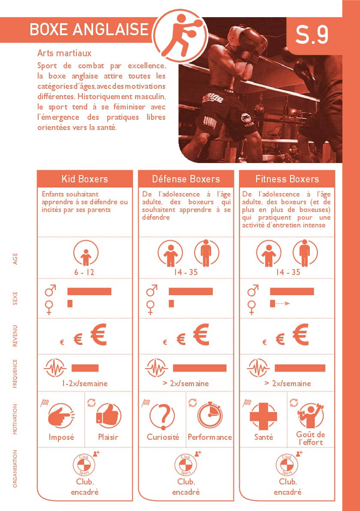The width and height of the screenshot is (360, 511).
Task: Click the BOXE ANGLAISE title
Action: [x=89, y=29]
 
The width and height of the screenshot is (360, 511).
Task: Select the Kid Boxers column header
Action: [x=85, y=179]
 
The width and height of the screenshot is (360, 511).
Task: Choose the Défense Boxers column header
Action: [x=186, y=179]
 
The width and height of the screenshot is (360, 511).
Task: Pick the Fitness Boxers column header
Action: [x=287, y=179]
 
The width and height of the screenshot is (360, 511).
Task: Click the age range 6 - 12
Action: [x=85, y=272]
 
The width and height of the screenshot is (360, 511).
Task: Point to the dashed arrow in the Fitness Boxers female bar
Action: [x=282, y=304]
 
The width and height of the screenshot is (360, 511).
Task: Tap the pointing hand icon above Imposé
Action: [x=61, y=416]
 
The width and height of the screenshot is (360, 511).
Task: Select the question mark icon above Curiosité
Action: [x=162, y=416]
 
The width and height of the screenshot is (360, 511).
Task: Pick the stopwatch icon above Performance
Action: [x=210, y=415]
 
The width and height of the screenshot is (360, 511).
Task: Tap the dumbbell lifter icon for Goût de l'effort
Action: [x=311, y=415]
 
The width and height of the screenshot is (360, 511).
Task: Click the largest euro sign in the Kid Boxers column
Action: [x=99, y=334]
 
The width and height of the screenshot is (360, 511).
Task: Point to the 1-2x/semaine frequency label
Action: [x=85, y=383]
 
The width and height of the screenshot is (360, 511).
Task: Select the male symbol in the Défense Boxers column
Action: [x=151, y=290]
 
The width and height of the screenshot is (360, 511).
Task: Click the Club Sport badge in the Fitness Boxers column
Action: [x=287, y=464]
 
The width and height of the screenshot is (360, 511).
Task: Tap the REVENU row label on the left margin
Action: [x=15, y=336]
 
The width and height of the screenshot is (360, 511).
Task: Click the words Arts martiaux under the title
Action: [x=64, y=53]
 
